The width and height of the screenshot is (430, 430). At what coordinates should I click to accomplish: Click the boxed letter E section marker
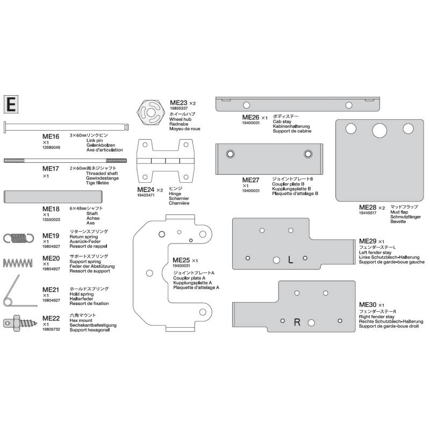11,104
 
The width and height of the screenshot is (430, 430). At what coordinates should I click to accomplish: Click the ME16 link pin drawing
66,127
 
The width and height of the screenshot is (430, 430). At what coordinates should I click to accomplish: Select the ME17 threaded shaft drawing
65,160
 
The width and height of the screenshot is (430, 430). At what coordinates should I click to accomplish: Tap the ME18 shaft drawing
53,197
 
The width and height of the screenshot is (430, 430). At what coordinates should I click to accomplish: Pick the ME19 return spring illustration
19,238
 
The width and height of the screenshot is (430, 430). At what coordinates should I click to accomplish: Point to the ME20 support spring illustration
18,263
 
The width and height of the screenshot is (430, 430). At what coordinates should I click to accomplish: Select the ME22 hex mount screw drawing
20,322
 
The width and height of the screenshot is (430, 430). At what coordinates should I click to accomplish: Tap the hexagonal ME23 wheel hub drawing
151,112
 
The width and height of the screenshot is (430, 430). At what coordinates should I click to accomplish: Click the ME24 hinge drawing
166,161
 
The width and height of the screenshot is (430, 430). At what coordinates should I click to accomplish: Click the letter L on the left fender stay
290,260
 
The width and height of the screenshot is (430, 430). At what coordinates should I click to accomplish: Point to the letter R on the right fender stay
297,322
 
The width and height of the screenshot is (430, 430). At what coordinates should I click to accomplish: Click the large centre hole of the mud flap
379,131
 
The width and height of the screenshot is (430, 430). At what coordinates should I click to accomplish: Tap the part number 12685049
51,147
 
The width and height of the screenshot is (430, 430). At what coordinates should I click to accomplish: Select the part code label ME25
181,260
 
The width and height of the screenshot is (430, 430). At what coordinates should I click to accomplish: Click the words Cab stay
282,121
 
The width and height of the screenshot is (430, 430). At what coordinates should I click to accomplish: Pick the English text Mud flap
399,212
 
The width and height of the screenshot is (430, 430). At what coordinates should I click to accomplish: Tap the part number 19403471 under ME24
146,195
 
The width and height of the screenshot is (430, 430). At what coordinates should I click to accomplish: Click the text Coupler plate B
288,184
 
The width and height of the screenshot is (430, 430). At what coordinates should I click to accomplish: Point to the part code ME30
368,305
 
